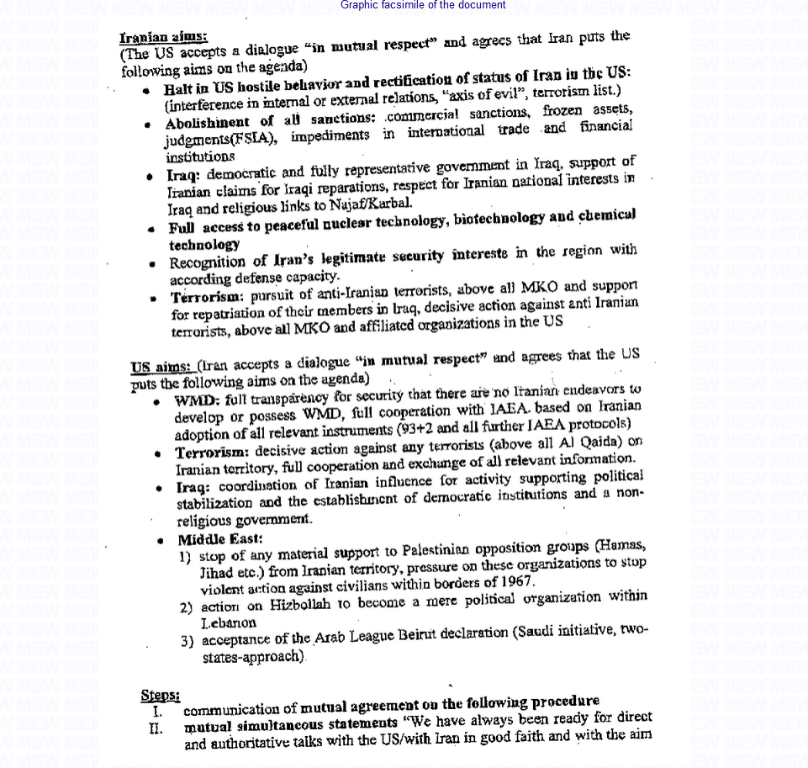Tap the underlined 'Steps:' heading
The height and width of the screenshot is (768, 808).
160,695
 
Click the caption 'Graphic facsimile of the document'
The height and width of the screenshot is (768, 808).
424,5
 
